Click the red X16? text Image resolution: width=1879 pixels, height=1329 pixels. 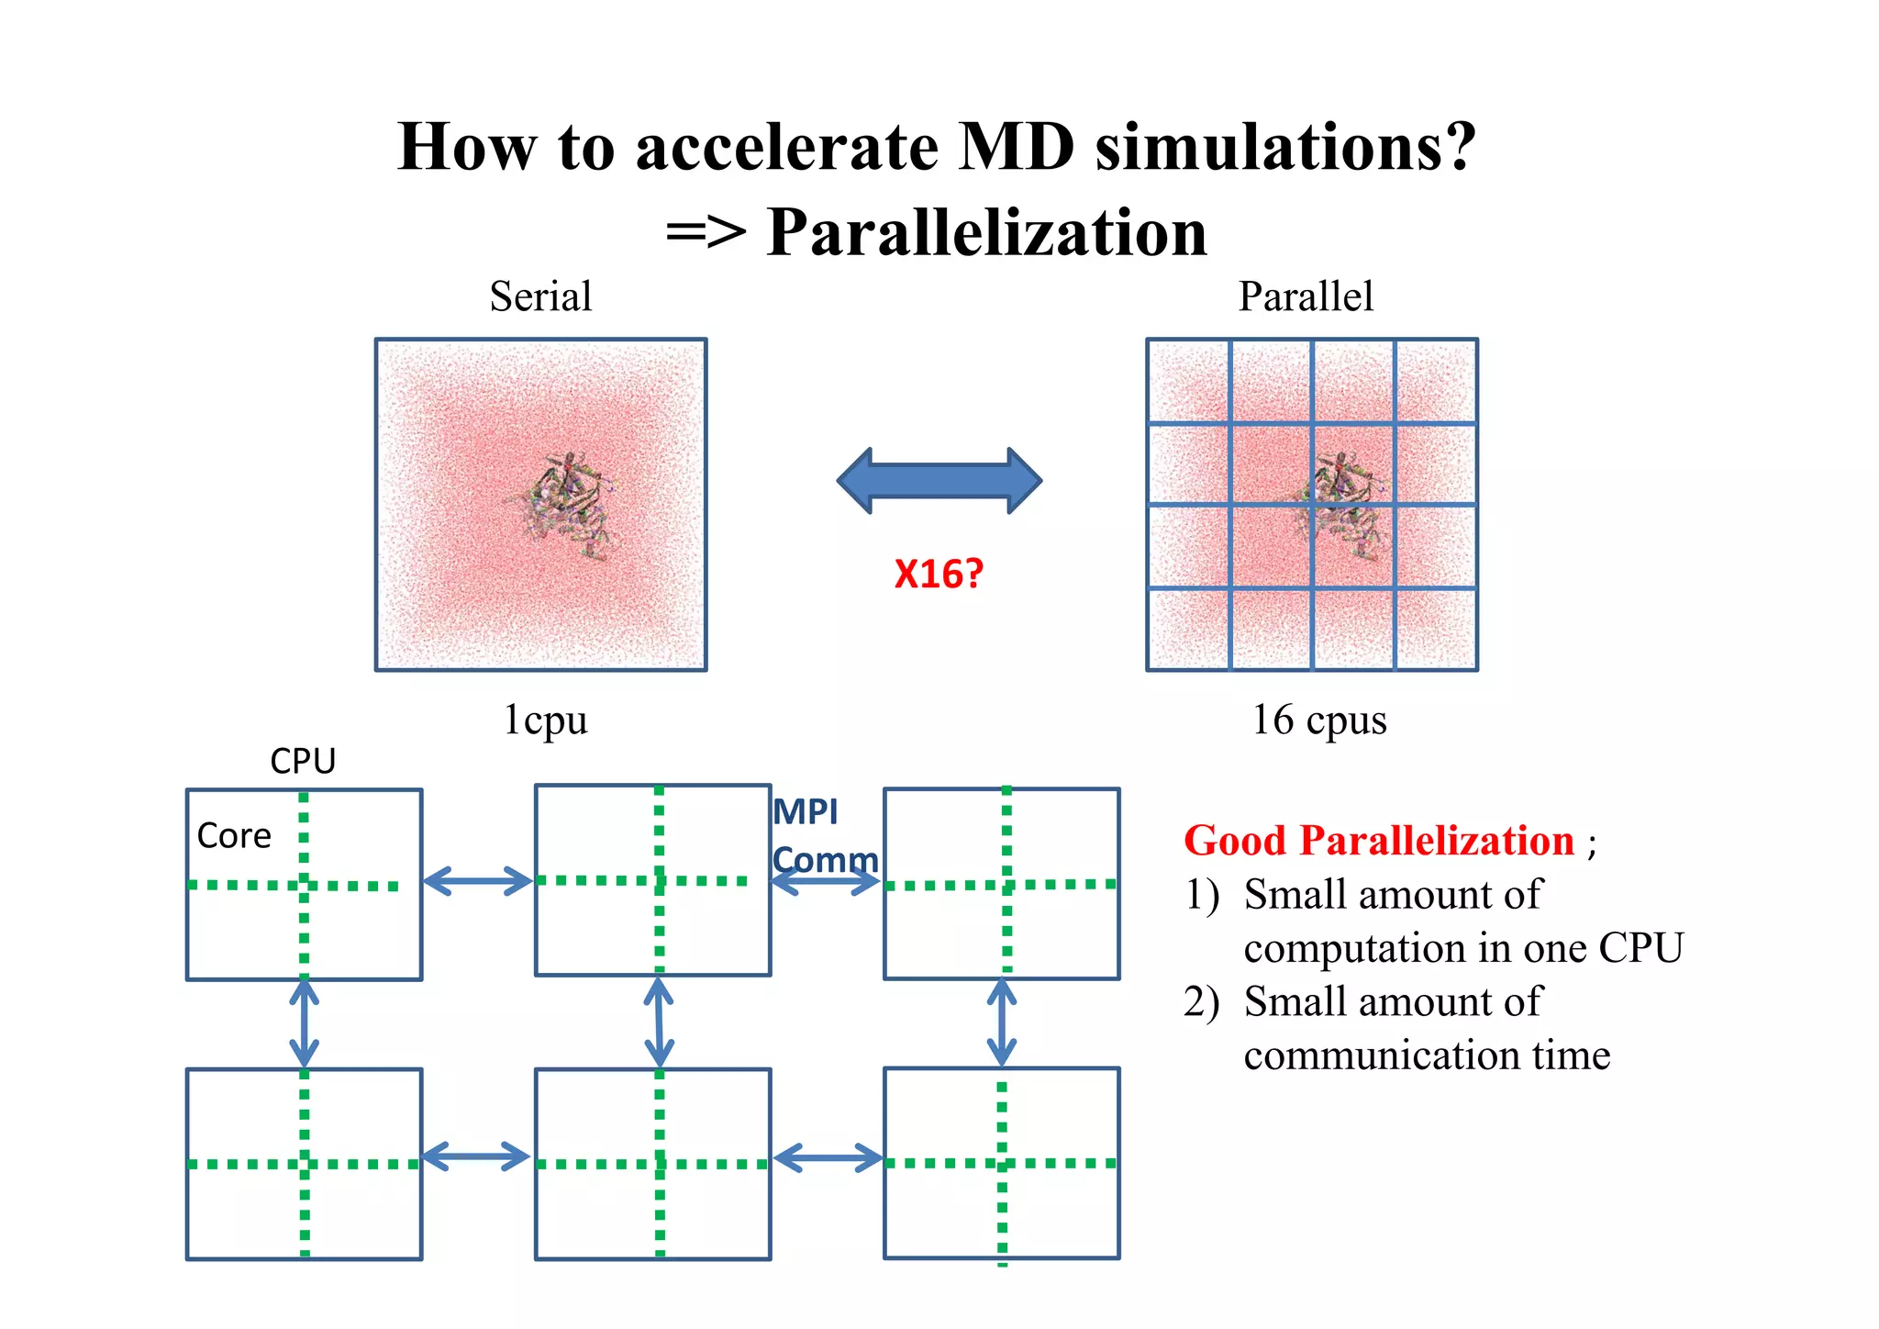[939, 575]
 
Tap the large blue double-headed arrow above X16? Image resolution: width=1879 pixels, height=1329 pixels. [939, 480]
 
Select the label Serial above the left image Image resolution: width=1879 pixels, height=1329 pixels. [540, 296]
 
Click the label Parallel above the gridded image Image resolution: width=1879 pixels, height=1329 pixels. [1306, 296]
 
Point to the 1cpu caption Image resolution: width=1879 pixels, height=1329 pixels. [545, 720]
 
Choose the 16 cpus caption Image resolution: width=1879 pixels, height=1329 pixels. [1319, 720]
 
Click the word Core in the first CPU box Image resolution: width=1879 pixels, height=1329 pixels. [234, 836]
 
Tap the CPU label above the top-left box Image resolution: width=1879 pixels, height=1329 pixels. [303, 761]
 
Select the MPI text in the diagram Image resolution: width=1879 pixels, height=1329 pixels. [806, 812]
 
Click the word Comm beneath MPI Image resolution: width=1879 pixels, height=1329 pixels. [825, 860]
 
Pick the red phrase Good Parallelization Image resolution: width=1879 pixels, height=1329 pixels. [1378, 841]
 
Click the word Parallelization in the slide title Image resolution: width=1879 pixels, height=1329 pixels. [986, 232]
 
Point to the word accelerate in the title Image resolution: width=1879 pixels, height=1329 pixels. [787, 147]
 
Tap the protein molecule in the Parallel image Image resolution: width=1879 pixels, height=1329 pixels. [1338, 504]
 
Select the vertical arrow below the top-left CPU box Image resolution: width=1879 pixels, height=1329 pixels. [304, 1023]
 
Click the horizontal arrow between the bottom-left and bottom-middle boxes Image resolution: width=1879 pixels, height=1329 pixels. [477, 1156]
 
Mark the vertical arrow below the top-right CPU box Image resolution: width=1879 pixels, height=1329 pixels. [1001, 1022]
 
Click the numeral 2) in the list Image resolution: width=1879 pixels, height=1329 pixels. [1201, 1001]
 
